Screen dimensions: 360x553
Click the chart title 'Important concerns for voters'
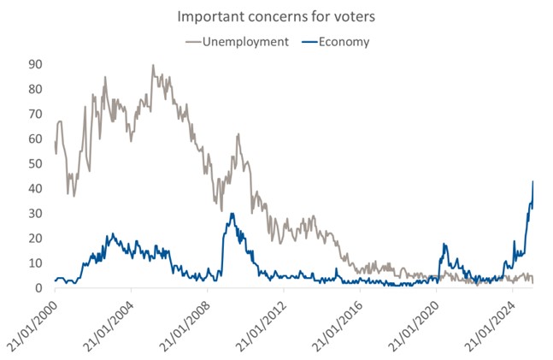[275, 16]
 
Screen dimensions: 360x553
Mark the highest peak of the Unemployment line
[153, 65]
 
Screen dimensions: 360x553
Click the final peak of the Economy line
[532, 181]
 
